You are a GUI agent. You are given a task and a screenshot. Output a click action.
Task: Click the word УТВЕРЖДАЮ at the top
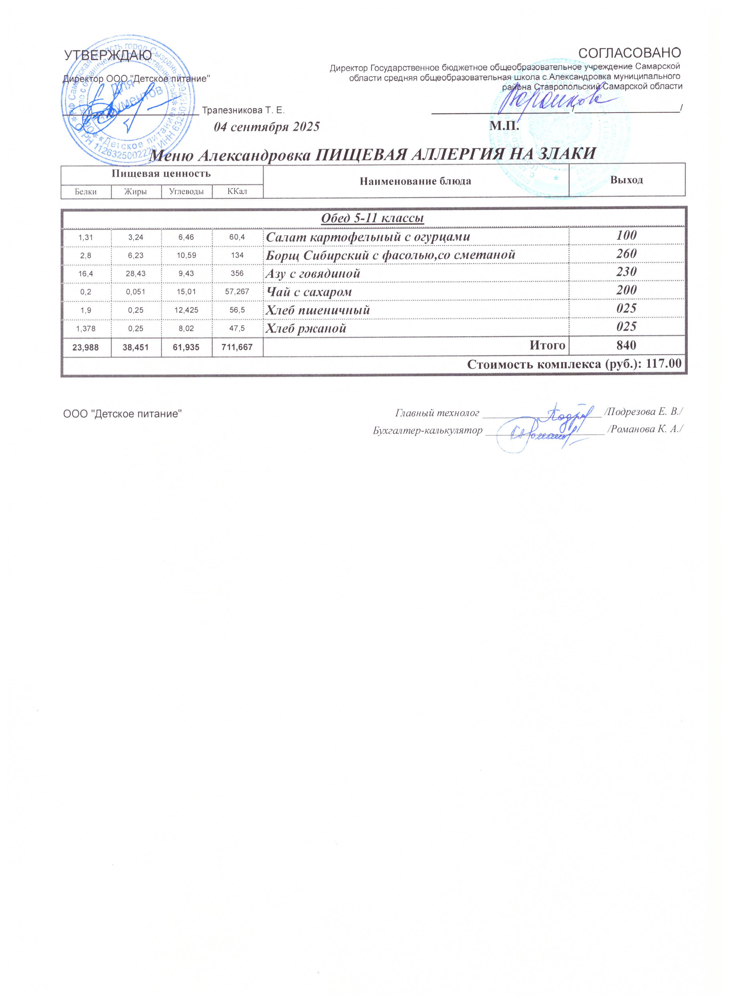108,56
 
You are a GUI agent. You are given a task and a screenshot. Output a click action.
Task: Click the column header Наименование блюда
416,181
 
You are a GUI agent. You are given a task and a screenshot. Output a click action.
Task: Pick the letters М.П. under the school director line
504,127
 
